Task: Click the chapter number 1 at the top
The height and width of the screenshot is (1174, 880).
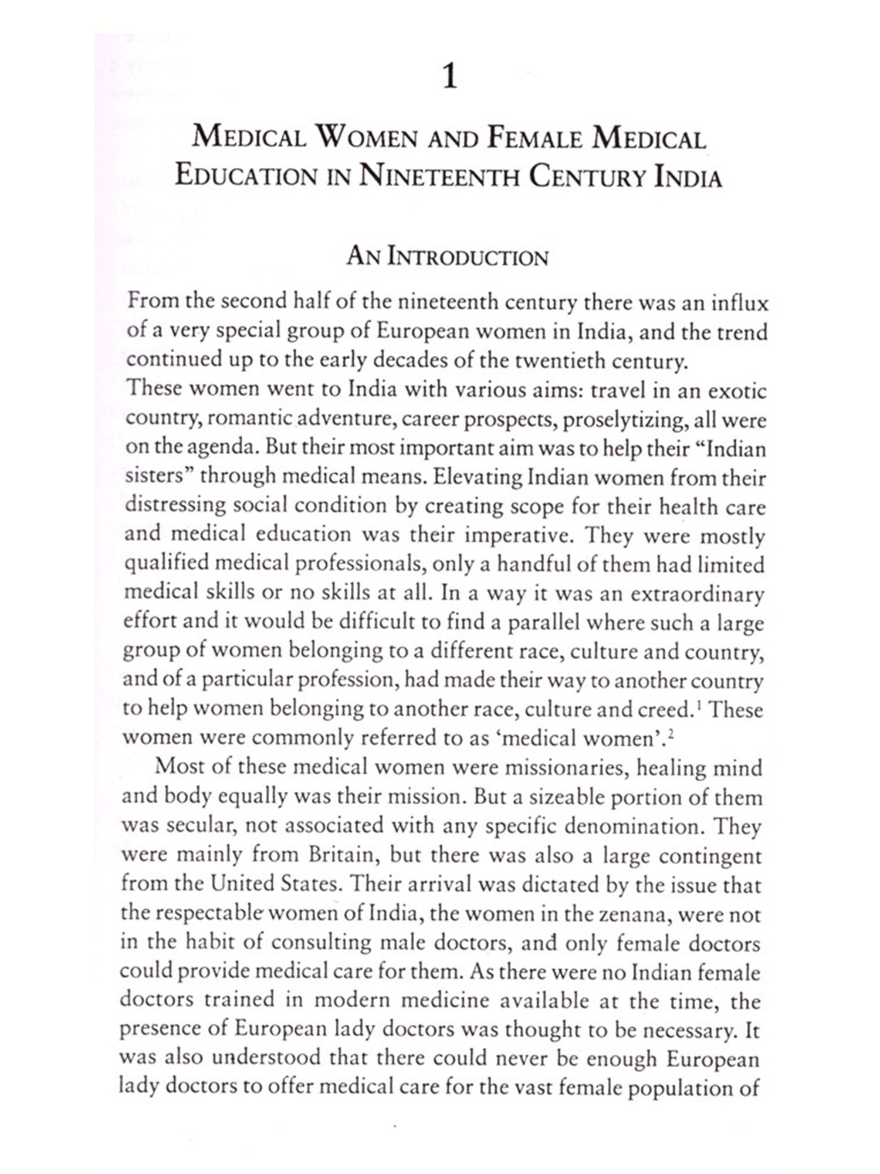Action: point(449,77)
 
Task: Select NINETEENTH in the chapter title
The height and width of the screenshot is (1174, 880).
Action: point(439,177)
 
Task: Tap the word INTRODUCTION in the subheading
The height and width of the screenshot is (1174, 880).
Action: point(467,257)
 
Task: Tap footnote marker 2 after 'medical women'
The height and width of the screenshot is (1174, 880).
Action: point(669,733)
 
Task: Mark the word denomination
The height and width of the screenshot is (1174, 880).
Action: point(634,825)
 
